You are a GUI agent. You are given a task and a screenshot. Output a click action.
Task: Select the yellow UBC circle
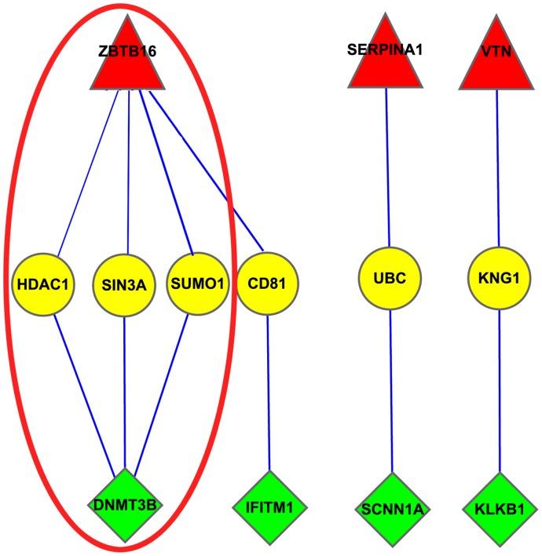click(x=389, y=280)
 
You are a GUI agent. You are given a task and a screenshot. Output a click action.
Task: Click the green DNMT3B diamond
click(x=125, y=504)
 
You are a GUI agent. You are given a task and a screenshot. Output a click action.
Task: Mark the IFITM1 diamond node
click(x=269, y=504)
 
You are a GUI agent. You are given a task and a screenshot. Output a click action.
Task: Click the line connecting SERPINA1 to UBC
click(x=388, y=169)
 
